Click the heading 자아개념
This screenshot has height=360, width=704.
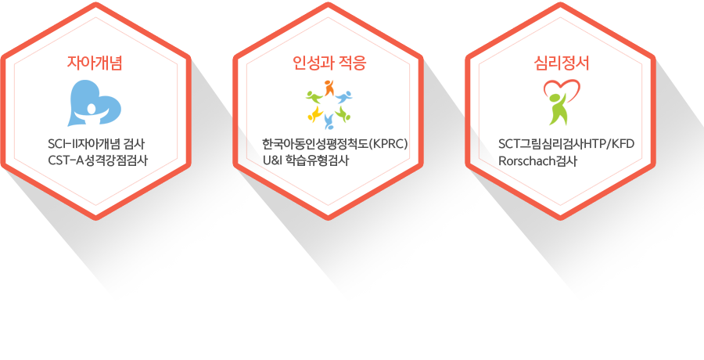[95, 63]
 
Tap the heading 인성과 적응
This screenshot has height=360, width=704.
[329, 63]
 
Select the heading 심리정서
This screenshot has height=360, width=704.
[562, 63]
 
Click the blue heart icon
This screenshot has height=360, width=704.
[95, 103]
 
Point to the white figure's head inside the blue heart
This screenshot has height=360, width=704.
[92, 109]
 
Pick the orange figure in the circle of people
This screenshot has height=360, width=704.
[329, 87]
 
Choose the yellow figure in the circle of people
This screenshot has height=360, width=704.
[314, 113]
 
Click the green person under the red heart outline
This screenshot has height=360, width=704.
[558, 108]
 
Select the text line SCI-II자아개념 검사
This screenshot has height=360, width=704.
[96, 145]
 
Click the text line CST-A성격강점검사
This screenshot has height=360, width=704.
[98, 160]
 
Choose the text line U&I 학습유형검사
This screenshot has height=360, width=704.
[306, 160]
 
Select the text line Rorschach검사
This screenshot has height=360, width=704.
[537, 160]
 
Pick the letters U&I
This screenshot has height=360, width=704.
[271, 160]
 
